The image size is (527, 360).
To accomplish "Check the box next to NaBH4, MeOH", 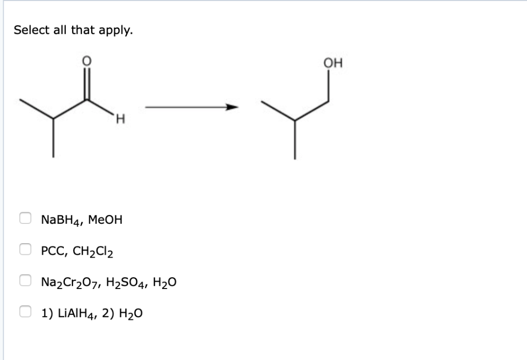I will pyautogui.click(x=25, y=219).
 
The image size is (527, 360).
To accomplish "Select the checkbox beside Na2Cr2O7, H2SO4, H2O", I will pyautogui.click(x=25, y=280).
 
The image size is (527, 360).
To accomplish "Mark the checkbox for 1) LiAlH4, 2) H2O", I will pyautogui.click(x=25, y=311).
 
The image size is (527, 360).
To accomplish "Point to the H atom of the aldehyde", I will pyautogui.click(x=120, y=121).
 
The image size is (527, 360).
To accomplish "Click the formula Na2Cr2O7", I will pyautogui.click(x=67, y=282).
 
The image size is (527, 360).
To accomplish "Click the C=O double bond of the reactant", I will pyautogui.click(x=87, y=84).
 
